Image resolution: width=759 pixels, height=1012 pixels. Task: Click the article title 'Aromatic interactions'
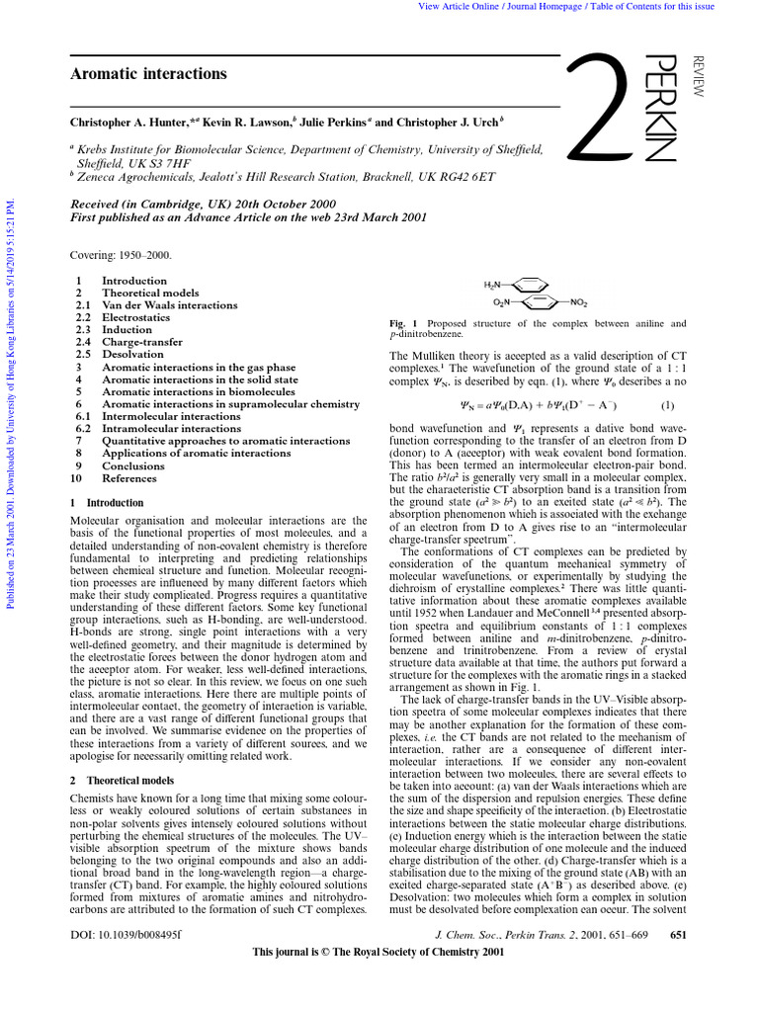click(x=148, y=74)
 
